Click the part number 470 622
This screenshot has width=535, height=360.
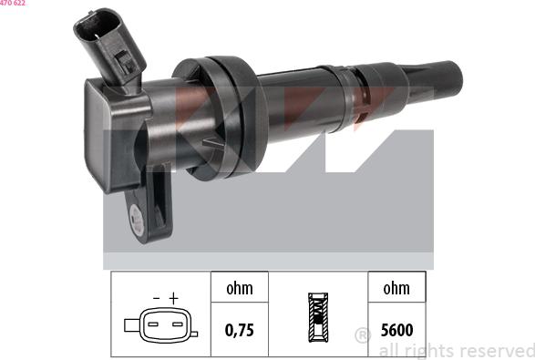click(x=12, y=3)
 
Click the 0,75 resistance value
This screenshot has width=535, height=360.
click(x=240, y=330)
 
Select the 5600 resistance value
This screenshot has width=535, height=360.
click(x=396, y=330)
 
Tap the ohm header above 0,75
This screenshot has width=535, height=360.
click(x=240, y=288)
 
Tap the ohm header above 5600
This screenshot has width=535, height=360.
click(x=396, y=288)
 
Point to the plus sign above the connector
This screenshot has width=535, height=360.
click(x=174, y=298)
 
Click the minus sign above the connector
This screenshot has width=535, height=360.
click(x=156, y=299)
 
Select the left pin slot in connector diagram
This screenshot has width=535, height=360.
click(x=153, y=324)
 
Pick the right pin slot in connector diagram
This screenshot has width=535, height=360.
click(x=178, y=324)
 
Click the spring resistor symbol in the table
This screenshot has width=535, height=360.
click(x=318, y=317)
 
